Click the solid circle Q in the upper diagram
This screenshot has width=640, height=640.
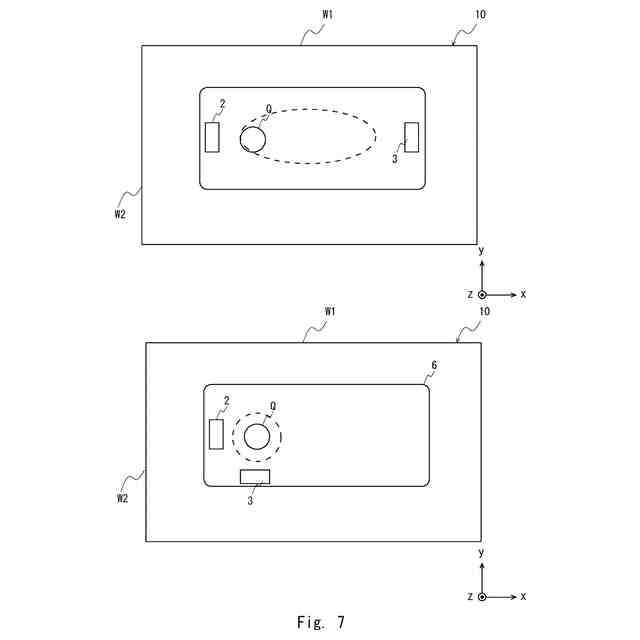click(253, 139)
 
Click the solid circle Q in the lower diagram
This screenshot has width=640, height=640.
click(257, 436)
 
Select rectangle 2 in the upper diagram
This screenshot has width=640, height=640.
click(212, 136)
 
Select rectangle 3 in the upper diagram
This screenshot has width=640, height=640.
click(411, 136)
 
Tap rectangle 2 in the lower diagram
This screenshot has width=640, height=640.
click(216, 434)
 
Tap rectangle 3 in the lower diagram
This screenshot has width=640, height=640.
click(255, 477)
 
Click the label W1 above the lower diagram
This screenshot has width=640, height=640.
click(329, 312)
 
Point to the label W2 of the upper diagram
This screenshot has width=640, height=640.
click(120, 213)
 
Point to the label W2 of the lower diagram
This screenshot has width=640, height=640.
click(120, 497)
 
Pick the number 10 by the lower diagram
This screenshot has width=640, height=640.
click(484, 312)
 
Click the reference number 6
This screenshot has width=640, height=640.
click(432, 366)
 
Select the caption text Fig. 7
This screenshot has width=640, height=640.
click(319, 622)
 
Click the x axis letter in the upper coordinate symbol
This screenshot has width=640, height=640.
click(523, 295)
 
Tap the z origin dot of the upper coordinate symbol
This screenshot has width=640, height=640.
click(482, 295)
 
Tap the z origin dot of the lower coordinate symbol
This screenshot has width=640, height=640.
click(482, 596)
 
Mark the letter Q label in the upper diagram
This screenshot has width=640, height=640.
click(269, 109)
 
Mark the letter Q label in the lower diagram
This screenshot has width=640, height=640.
click(273, 406)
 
